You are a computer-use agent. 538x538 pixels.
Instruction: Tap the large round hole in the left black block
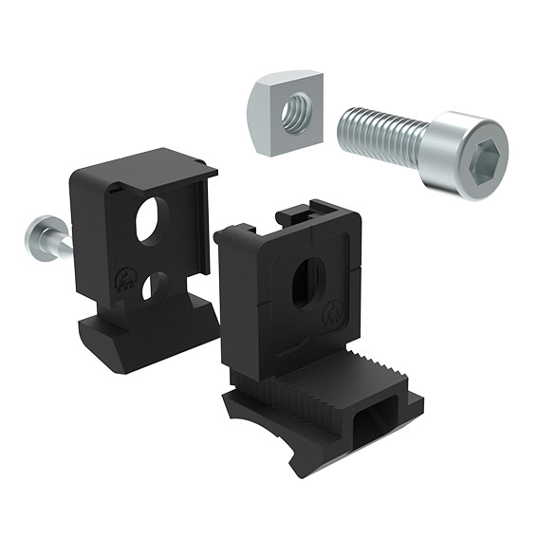pyautogui.click(x=149, y=221)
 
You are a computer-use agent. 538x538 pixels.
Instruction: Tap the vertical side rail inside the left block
pyautogui.click(x=200, y=228)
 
